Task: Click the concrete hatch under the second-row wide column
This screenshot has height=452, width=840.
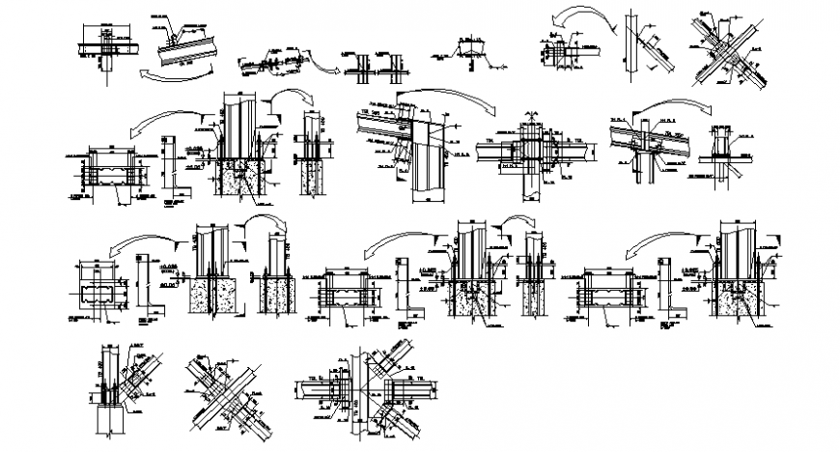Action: (236, 180)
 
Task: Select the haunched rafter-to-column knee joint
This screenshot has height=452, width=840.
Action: (410, 145)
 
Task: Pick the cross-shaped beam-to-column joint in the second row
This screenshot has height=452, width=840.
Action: (532, 151)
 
